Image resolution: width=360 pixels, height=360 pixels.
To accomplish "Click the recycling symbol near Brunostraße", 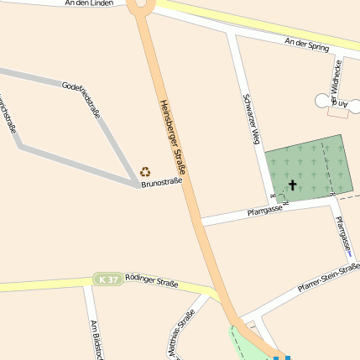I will pos(145,171).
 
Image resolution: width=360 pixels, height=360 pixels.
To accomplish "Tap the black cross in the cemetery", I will pos(293,185).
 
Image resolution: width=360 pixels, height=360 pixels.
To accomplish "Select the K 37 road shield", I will pos(107,279).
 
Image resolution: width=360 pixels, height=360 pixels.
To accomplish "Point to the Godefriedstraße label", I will pos(81,100).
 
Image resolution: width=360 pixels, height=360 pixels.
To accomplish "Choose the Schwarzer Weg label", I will pos(251,118).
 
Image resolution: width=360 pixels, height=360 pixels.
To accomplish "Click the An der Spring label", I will pos(306,44).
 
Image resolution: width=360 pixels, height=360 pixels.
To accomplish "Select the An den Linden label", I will pos(88,3).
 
